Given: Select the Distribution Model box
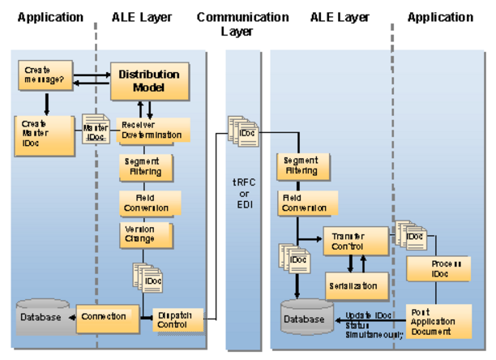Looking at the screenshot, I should click(x=149, y=80).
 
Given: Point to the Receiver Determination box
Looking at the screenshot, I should click(x=154, y=130).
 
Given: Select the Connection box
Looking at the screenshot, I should click(x=104, y=316).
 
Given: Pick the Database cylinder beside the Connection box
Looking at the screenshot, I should click(x=41, y=317).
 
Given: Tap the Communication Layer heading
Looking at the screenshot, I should click(x=242, y=24).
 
